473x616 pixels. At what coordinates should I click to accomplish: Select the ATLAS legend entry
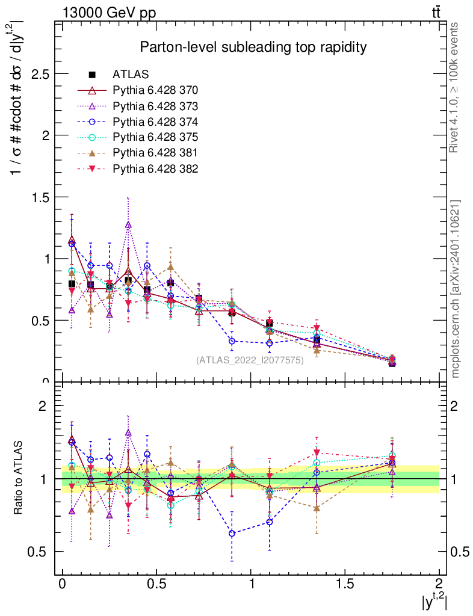(131, 75)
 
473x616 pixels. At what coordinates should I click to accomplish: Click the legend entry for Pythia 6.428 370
(155, 90)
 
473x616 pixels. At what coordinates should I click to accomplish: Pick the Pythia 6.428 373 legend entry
(155, 106)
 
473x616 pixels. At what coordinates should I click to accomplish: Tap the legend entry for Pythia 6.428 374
(155, 122)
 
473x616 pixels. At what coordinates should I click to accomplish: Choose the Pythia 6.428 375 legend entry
(155, 137)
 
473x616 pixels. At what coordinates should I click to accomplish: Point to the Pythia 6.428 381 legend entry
(155, 153)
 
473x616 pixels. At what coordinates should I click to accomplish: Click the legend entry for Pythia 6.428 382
(155, 168)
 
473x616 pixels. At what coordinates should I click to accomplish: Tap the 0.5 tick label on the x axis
(156, 585)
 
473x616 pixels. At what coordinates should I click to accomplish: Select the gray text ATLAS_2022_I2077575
(250, 360)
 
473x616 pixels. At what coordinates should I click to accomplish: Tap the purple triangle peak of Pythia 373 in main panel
(128, 225)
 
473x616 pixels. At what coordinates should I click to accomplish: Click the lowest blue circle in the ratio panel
(232, 533)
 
